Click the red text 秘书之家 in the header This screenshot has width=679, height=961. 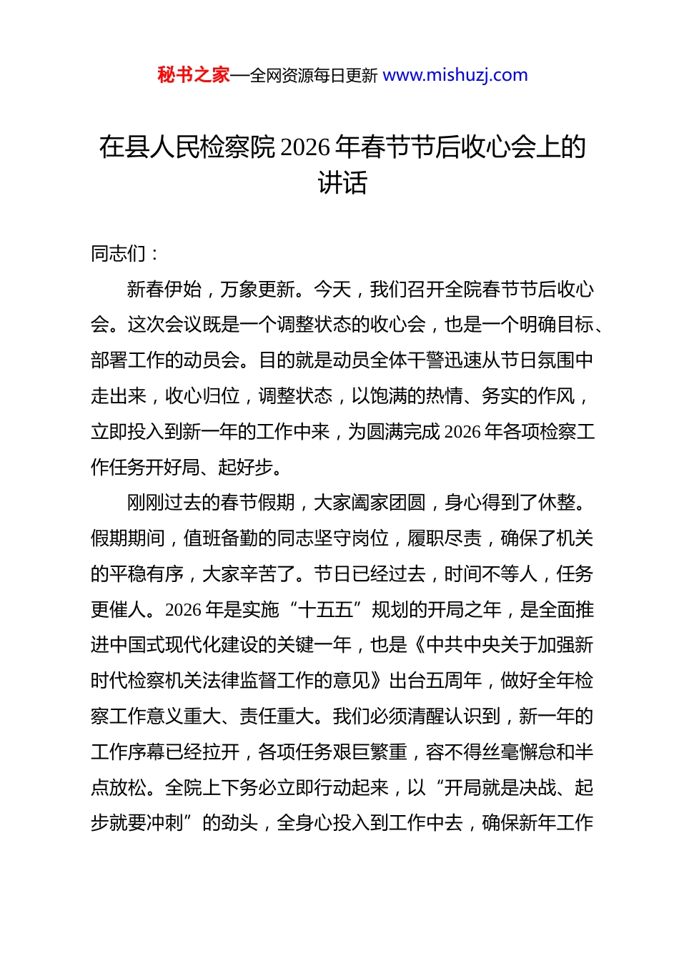click(194, 75)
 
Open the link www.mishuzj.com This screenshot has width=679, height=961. click(455, 75)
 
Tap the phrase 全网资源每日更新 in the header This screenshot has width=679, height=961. click(314, 76)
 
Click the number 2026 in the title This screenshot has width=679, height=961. click(306, 147)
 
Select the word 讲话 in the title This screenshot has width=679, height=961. click(342, 183)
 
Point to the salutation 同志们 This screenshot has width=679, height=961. click(119, 253)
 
